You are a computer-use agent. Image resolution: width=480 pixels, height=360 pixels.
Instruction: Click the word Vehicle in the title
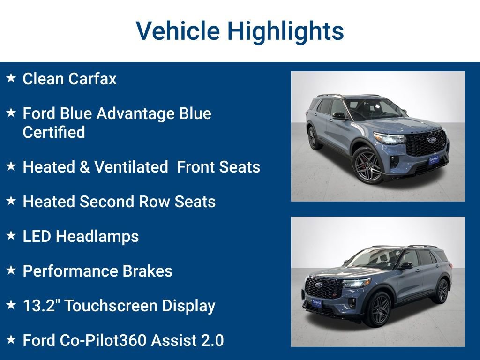[x=178, y=31]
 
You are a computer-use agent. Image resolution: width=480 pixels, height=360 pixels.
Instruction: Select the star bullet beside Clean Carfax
[x=11, y=77]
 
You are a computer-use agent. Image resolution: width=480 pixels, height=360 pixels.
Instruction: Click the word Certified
[x=54, y=132]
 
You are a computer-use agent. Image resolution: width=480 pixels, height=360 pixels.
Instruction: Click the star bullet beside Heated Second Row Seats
[x=11, y=201]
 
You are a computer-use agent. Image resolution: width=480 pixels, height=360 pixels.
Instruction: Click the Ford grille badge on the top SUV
[x=431, y=140]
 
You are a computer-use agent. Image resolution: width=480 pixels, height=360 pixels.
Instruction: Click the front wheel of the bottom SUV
[x=377, y=309]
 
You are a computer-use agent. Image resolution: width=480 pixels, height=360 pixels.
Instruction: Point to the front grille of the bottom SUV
[x=323, y=287]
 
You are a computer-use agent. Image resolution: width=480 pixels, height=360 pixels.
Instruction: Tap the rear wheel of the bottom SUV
[x=441, y=291]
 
